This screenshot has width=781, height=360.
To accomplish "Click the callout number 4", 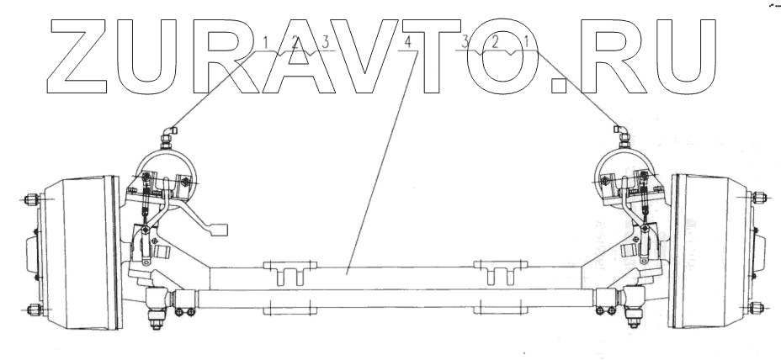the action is [408, 41].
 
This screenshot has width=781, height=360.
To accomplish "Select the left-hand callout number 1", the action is [267, 41].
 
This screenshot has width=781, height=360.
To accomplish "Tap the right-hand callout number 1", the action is [527, 41].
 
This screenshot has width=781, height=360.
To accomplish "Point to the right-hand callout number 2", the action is [497, 41].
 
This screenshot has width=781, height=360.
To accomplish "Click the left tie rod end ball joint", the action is [158, 299].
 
